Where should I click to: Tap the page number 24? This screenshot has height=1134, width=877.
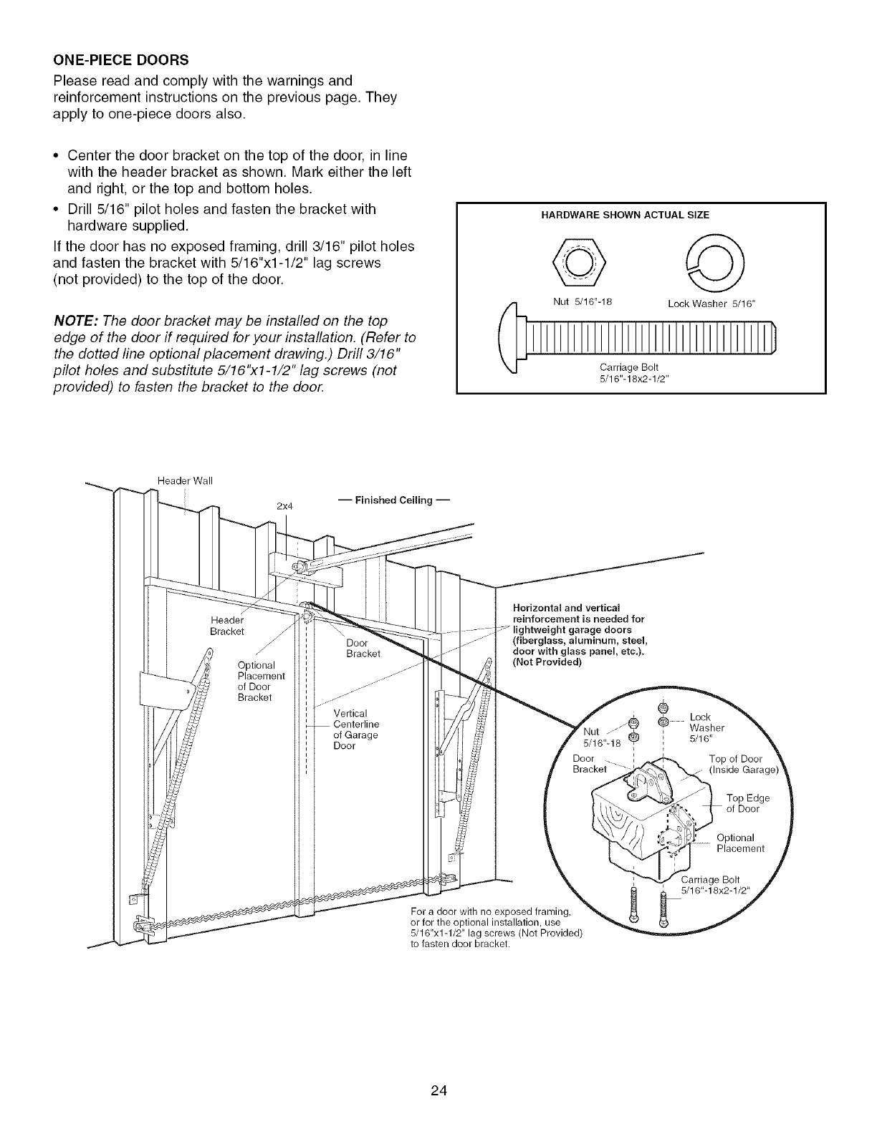[438, 1051]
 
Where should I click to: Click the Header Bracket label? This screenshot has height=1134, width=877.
[227, 625]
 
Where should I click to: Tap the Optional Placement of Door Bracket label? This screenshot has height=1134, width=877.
[261, 681]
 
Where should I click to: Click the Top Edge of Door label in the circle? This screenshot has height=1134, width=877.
[747, 803]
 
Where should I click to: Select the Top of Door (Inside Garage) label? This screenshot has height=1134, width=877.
[745, 765]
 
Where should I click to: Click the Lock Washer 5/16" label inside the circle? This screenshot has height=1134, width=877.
[706, 727]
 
